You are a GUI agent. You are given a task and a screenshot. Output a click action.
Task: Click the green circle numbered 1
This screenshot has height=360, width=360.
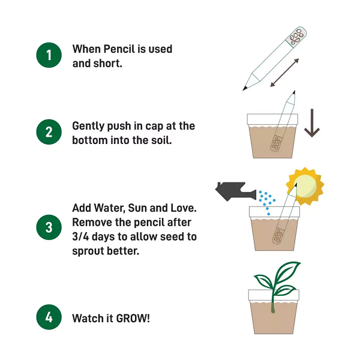coord(49,56)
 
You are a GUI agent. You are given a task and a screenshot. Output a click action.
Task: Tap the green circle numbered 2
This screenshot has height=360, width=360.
coord(49,133)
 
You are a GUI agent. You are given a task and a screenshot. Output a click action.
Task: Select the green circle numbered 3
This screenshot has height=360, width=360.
coord(49,227)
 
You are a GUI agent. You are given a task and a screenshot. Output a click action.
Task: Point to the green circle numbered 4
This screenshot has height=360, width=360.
coord(49,317)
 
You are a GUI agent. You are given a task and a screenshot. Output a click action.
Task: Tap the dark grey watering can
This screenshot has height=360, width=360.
coord(236,191)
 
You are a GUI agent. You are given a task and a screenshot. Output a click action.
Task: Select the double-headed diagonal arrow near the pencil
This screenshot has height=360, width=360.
coord(284,72)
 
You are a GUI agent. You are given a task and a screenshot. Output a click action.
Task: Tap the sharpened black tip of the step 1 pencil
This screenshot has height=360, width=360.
coord(245,88)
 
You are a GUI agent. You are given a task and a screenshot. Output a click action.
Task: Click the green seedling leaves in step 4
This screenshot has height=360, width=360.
coord(277,278)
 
